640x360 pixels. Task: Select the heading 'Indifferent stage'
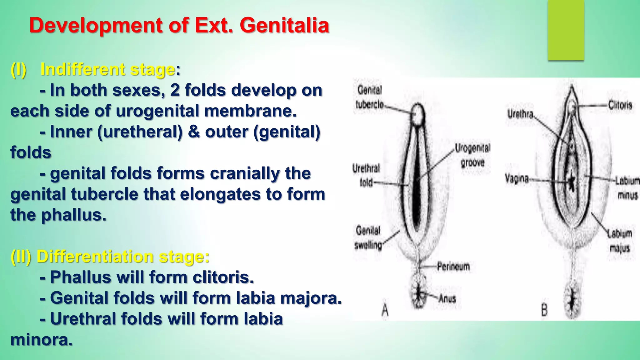[x=107, y=69]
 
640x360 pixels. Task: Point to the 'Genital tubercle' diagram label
[x=370, y=97]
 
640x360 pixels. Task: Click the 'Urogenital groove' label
[x=472, y=155]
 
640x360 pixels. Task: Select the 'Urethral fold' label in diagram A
[x=366, y=175]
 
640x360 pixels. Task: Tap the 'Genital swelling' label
[x=368, y=238]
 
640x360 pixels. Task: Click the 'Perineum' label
[x=453, y=267]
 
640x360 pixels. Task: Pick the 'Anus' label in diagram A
[x=447, y=299]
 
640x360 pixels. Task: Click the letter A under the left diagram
[x=385, y=310]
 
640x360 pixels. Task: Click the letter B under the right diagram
[x=544, y=310]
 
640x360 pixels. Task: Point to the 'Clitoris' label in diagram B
[x=620, y=105]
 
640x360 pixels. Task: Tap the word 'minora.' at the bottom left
[x=41, y=340]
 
